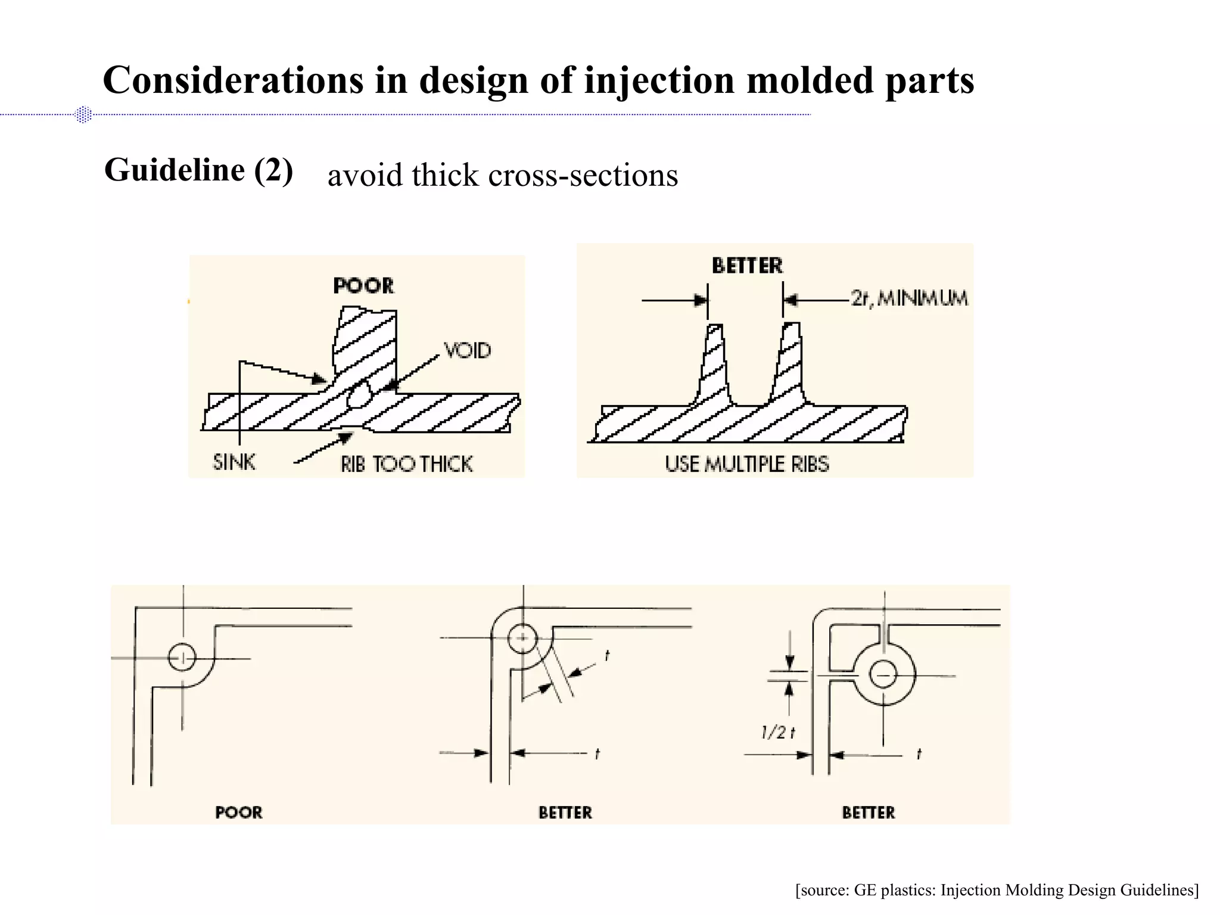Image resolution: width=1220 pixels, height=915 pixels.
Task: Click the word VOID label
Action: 468,350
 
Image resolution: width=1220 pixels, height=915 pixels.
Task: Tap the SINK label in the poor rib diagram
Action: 234,462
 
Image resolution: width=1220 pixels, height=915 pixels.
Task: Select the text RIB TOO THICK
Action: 406,464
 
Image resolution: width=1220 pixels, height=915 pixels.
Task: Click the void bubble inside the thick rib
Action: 359,394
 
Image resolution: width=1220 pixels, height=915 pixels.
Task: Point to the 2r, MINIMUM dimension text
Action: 909,298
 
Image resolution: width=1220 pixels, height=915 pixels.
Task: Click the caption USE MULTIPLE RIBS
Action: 746,464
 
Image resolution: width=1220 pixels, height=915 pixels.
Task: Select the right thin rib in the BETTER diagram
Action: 789,363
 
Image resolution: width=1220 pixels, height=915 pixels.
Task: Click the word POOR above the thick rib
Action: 363,286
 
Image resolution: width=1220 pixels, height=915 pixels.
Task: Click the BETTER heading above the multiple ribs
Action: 747,266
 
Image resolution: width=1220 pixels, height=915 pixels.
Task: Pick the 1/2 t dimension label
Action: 778,733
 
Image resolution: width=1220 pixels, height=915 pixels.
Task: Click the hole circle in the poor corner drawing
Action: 182,658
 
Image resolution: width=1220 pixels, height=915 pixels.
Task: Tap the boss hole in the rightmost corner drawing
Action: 883,675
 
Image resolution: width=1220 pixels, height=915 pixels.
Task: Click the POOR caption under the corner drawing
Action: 238,813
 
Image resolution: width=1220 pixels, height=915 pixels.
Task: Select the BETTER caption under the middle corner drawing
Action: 565,813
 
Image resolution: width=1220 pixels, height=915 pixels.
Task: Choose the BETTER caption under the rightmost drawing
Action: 868,813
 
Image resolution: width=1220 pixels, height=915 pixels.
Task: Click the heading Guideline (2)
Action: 198,170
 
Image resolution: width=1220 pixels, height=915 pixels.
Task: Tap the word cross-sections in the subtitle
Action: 583,176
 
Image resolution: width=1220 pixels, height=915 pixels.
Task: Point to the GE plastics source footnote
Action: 997,890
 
